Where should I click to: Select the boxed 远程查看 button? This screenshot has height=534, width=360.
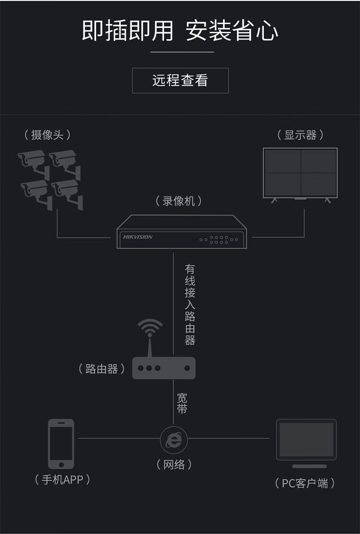180,80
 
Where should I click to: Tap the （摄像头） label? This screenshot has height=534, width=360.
47,135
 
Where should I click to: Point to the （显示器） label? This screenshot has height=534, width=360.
300,135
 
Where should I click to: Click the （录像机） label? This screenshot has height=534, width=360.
179,201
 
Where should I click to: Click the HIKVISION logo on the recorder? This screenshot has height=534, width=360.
138,237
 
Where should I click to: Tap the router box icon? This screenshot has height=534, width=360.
164,368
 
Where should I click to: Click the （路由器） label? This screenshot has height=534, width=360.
102,369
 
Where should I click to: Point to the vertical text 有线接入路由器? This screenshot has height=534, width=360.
190,304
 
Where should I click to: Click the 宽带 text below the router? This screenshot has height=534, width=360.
182,403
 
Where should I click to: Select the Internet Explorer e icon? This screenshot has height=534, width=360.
173,438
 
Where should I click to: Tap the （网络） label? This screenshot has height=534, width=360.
174,464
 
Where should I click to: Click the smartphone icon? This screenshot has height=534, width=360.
61,443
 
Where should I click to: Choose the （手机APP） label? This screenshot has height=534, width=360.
62,479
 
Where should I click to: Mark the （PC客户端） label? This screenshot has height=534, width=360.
305,483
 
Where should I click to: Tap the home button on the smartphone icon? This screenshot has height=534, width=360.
61,464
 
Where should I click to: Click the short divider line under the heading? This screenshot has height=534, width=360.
182,52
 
